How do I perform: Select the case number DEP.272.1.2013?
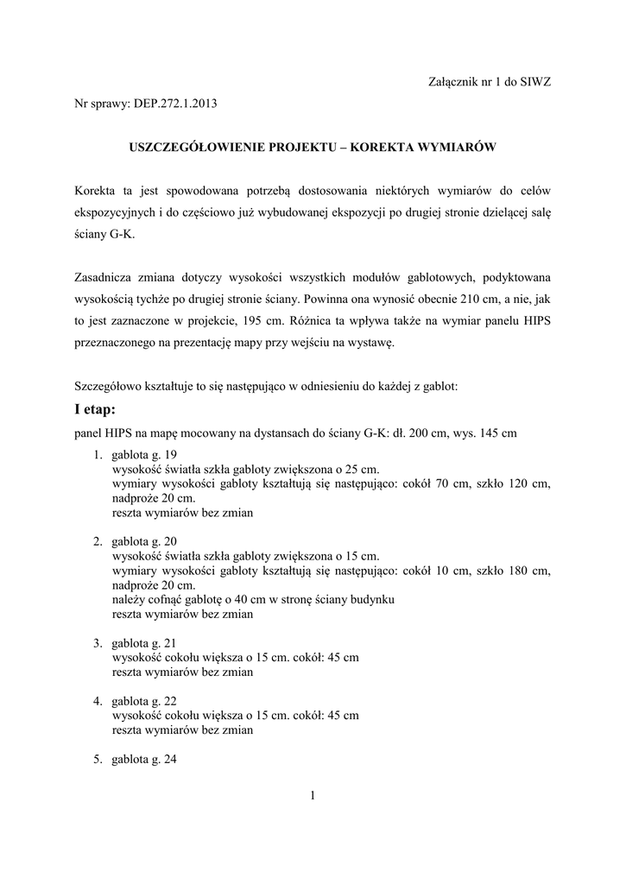(175, 104)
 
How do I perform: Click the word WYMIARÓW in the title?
(454, 147)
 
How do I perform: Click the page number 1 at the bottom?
(313, 796)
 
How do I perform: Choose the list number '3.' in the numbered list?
(98, 643)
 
